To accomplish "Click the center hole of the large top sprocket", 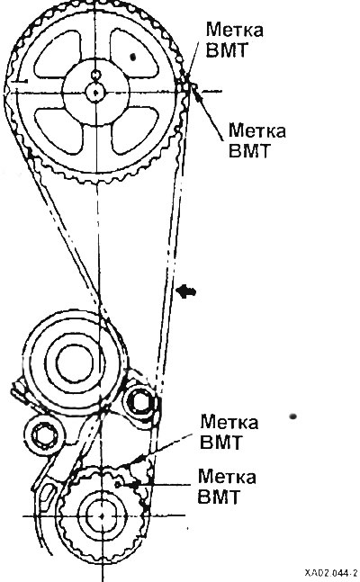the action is coord(96,92).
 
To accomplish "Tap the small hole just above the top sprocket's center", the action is coord(96,75).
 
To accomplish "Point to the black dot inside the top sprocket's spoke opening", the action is coord(133,57).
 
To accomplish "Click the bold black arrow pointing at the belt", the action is coord(186,291).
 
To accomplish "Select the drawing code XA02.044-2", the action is coord(331,572).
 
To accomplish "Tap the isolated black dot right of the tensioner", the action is coord(292,416).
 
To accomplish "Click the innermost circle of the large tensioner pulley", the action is coord(75,364).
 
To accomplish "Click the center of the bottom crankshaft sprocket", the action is coord(103,515).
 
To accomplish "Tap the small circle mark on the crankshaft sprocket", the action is coord(117,484).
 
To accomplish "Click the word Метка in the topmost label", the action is coord(234,30).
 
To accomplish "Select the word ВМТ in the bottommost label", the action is coord(218,497).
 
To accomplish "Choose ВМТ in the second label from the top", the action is coord(248,151).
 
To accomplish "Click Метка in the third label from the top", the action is coord(229,423).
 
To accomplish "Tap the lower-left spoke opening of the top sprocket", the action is coord(58,129).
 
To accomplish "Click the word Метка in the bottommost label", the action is coord(227,477).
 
